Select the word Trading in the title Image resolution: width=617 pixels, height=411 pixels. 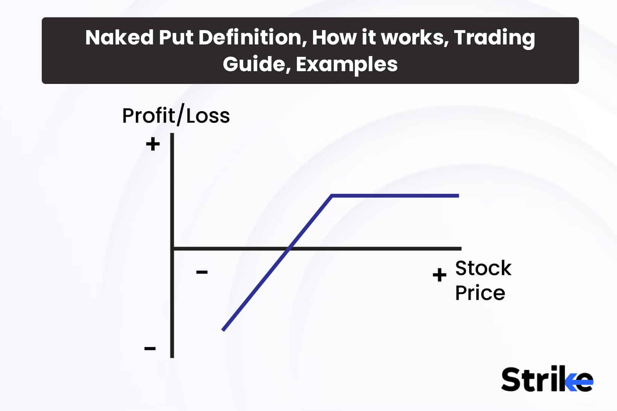pyautogui.click(x=494, y=38)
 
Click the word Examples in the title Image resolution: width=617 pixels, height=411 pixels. pyautogui.click(x=346, y=64)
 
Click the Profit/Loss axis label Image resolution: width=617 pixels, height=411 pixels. pyautogui.click(x=176, y=116)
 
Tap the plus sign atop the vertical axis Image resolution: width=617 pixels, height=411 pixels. pyautogui.click(x=153, y=144)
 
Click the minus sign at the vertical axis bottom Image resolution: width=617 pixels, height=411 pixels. pyautogui.click(x=150, y=348)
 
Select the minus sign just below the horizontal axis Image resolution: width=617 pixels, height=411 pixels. pyautogui.click(x=202, y=272)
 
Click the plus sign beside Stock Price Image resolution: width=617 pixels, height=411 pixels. pyautogui.click(x=439, y=275)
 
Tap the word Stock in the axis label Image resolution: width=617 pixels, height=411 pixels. pyautogui.click(x=483, y=268)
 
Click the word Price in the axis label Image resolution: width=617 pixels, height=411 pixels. pyautogui.click(x=480, y=293)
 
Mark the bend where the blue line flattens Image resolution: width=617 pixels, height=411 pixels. pyautogui.click(x=331, y=196)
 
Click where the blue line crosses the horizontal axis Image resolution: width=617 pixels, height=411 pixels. pyautogui.click(x=289, y=248)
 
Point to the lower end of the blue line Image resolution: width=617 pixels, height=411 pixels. pyautogui.click(x=223, y=330)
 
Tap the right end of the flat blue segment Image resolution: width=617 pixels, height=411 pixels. pyautogui.click(x=458, y=196)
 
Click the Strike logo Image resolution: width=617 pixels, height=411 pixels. pyautogui.click(x=547, y=379)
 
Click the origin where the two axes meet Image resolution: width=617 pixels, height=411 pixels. pyautogui.click(x=172, y=248)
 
